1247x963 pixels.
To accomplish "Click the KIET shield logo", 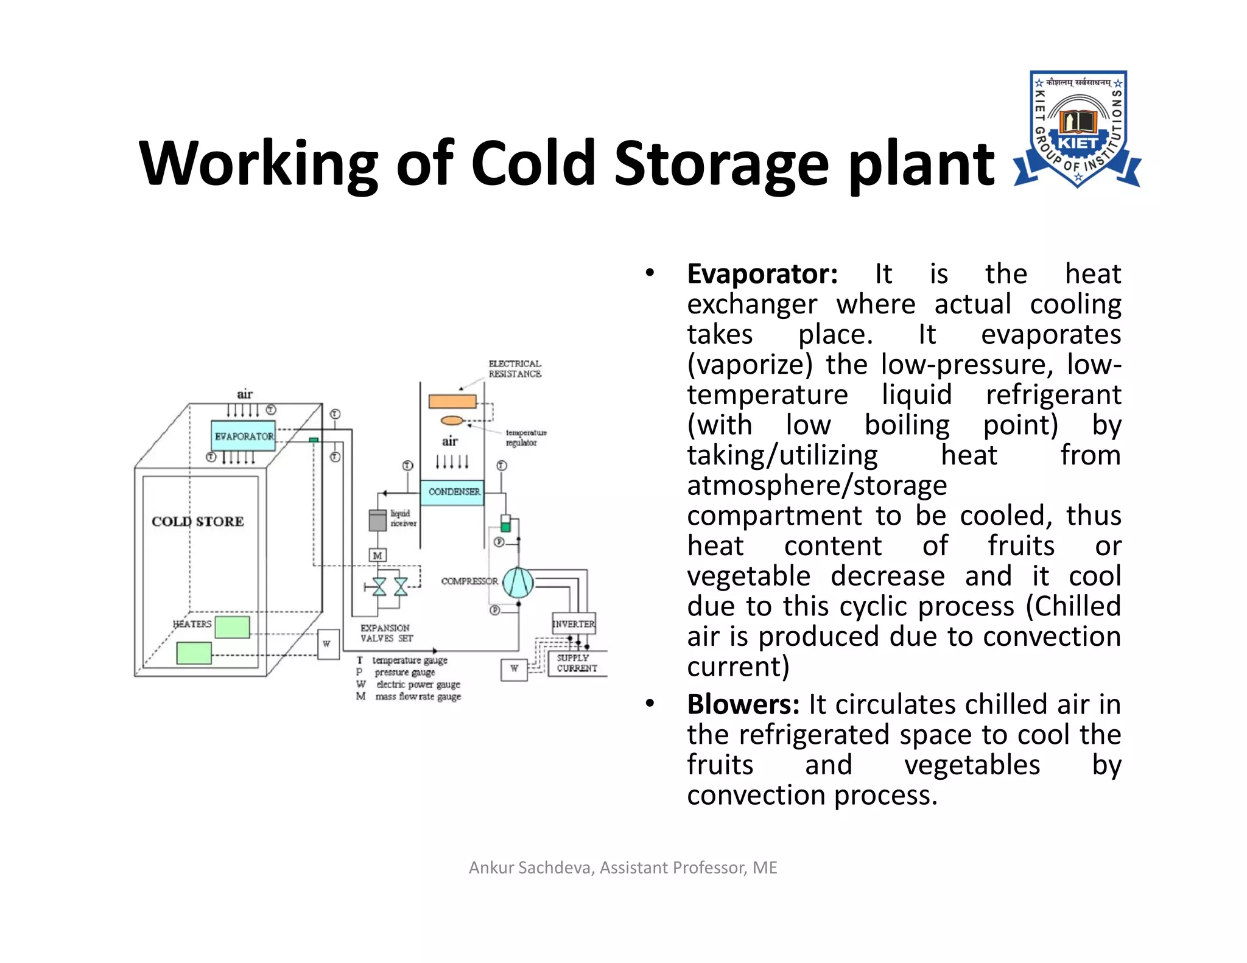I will (1077, 129).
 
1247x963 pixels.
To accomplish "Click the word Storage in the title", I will (721, 163).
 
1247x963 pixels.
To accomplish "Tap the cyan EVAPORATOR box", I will (244, 436).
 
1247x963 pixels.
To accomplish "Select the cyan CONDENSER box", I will (453, 491).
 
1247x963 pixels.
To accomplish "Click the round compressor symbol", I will (518, 582).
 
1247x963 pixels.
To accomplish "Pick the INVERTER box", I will (574, 623).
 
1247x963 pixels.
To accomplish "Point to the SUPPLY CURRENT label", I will (576, 663).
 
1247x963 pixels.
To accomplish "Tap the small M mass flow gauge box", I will (378, 555).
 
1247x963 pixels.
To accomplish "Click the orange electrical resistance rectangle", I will (452, 401).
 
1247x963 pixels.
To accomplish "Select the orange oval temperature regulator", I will (452, 420).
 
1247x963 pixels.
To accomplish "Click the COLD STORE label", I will (198, 522).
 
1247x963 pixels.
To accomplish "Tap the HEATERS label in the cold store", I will (192, 624).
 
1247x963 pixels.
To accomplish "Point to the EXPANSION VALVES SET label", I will (386, 633).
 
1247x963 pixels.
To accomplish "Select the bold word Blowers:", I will (743, 704).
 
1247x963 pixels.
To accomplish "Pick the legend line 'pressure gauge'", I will (405, 673).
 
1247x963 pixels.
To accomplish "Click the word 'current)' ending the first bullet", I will (738, 667).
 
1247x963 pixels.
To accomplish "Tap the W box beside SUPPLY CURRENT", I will (514, 669).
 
